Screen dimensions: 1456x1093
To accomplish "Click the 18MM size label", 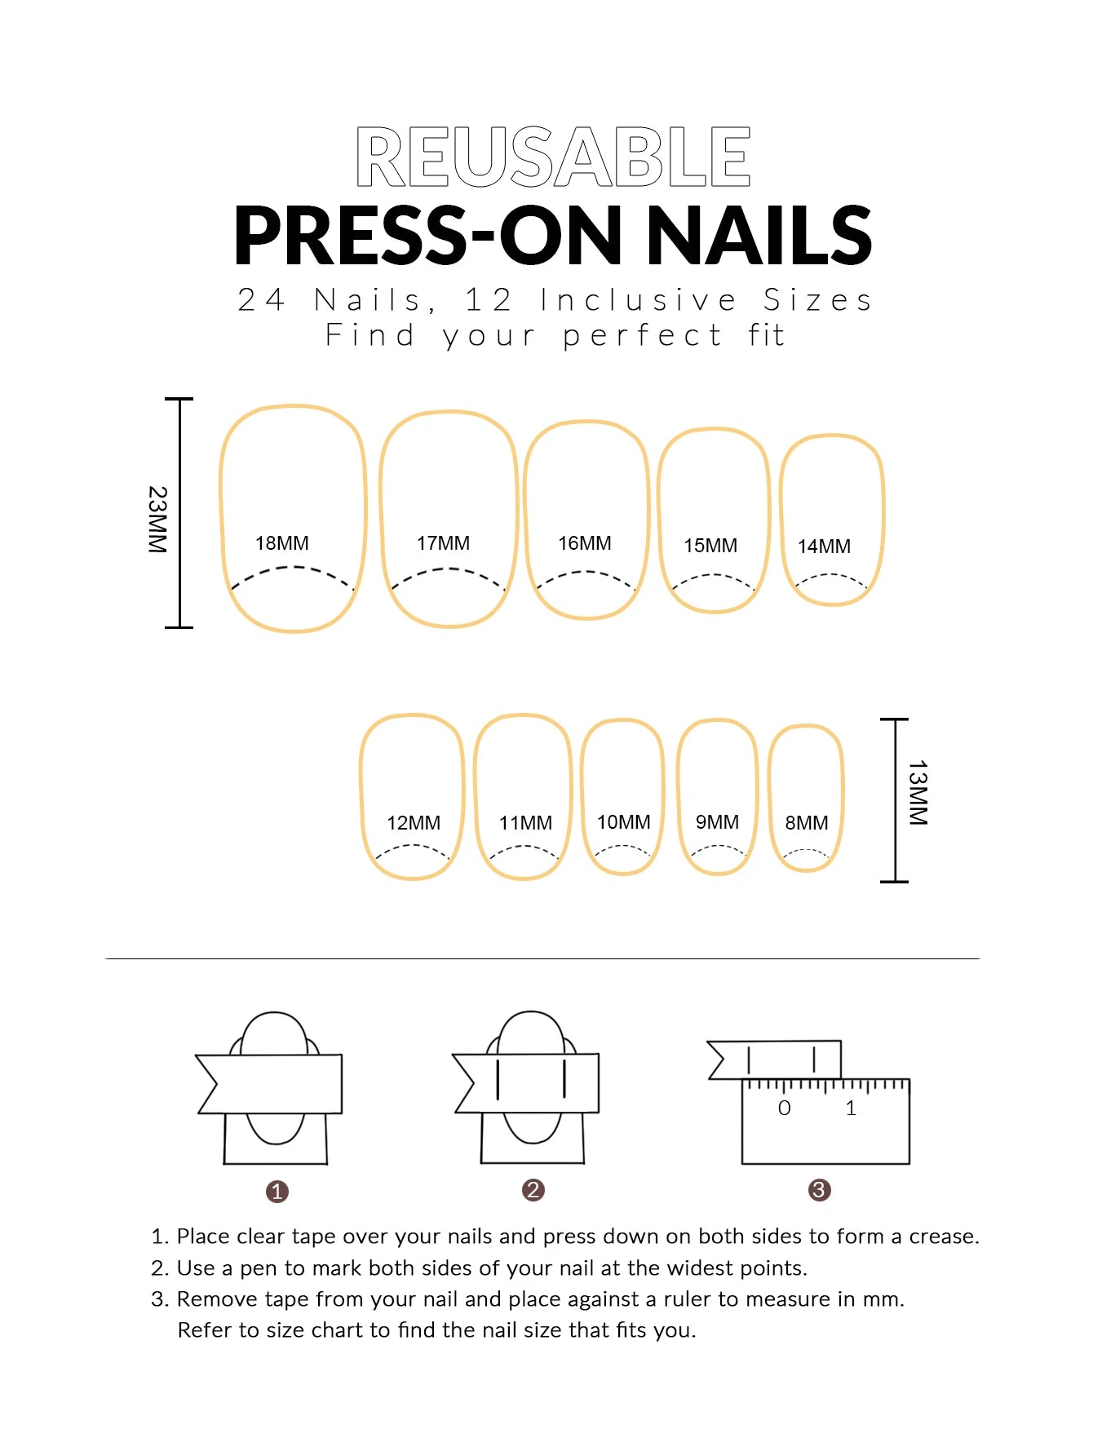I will click(281, 543).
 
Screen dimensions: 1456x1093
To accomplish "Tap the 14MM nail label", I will click(824, 547).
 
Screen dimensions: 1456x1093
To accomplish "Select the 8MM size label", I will click(806, 823).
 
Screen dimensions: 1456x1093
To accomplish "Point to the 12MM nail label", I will click(413, 823).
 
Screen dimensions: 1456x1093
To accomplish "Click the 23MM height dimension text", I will click(157, 520).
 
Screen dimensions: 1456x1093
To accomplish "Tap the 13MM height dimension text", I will click(918, 793).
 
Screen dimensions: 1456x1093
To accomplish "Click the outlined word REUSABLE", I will click(553, 157).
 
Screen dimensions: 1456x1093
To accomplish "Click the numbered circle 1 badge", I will click(277, 1192).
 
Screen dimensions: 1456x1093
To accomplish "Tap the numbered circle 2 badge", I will click(533, 1190).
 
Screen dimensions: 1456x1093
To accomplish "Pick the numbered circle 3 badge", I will click(819, 1190).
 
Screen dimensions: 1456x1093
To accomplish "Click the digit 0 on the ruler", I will click(784, 1109).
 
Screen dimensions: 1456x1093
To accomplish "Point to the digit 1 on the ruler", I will click(851, 1109).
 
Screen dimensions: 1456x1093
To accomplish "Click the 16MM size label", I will click(584, 543).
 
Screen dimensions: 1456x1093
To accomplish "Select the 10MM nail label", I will click(623, 822).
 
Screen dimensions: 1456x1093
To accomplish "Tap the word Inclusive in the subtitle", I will click(639, 300).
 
